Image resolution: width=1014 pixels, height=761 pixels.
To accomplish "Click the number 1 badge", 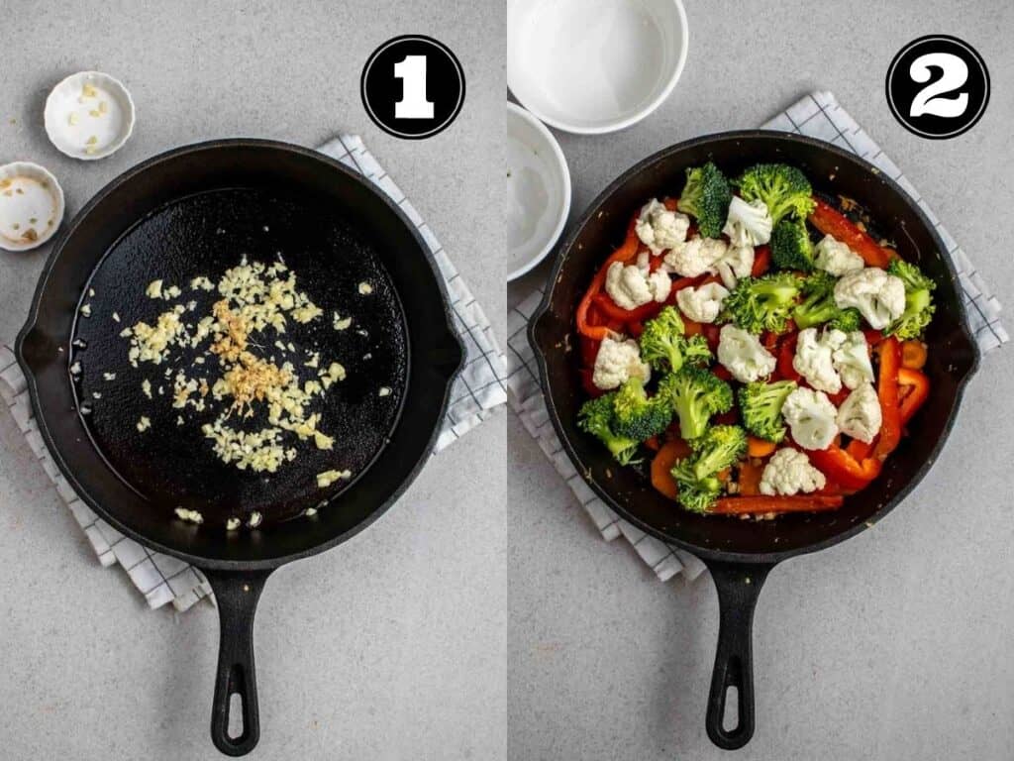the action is pos(413,87).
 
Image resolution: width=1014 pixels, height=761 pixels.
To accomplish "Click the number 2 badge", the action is pos(938,87).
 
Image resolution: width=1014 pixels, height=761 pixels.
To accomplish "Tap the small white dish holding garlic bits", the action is pos(89,115).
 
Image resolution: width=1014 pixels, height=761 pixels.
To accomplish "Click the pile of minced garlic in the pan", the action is pos(240,366).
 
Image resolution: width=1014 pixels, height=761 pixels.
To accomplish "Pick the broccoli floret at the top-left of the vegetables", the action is pos(705,197).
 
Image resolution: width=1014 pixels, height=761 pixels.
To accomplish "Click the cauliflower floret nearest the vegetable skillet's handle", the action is pos(791,473).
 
